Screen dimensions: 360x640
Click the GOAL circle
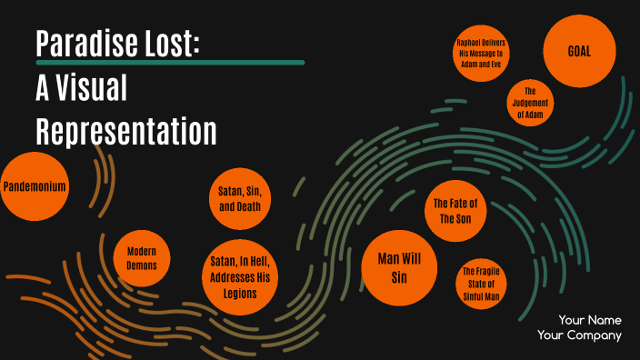point(579,51)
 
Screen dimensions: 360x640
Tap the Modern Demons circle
point(142,258)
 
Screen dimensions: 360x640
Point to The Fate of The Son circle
point(455,211)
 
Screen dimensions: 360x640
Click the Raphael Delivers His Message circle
point(482,55)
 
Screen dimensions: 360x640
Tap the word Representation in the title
point(126,131)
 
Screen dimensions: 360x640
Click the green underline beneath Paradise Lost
point(169,63)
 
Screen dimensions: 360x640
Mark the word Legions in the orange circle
point(240,294)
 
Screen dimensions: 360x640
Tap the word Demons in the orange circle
point(142,266)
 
